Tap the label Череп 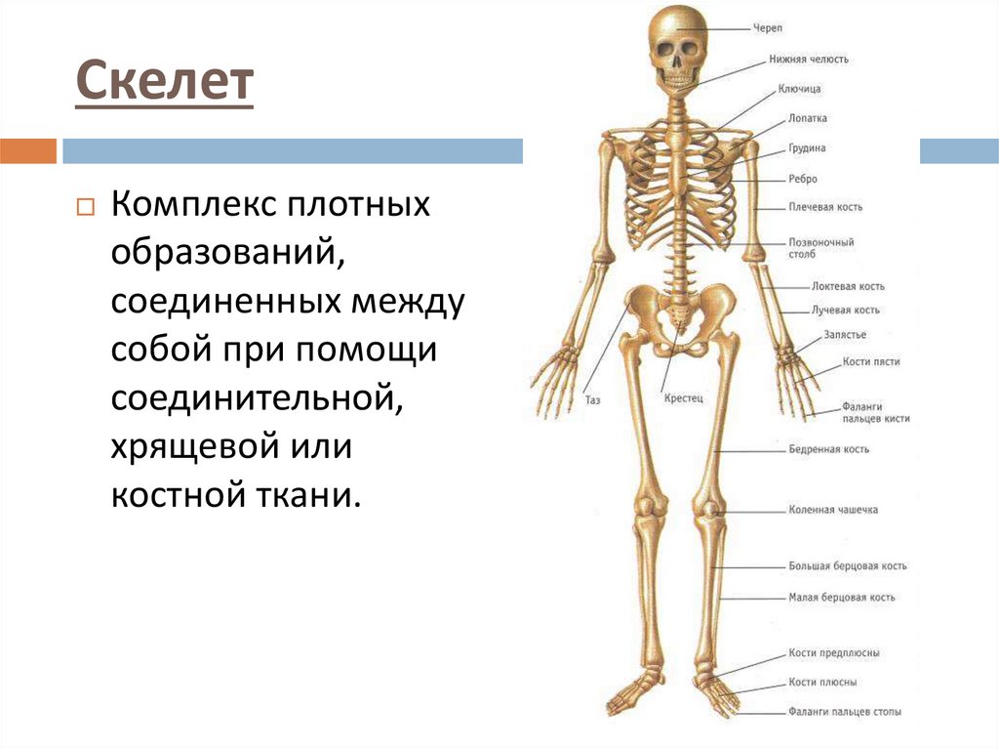(x=766, y=28)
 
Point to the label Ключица (x=799, y=90)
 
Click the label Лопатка (x=808, y=119)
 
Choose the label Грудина (x=807, y=149)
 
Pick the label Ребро (x=803, y=180)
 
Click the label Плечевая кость (x=825, y=208)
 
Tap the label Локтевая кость (x=848, y=287)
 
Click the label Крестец (x=683, y=398)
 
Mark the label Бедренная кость (x=828, y=450)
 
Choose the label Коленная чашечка (x=833, y=510)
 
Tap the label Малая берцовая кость (x=841, y=598)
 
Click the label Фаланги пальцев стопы (x=844, y=713)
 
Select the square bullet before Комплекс (x=84, y=208)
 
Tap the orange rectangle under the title (x=28, y=151)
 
